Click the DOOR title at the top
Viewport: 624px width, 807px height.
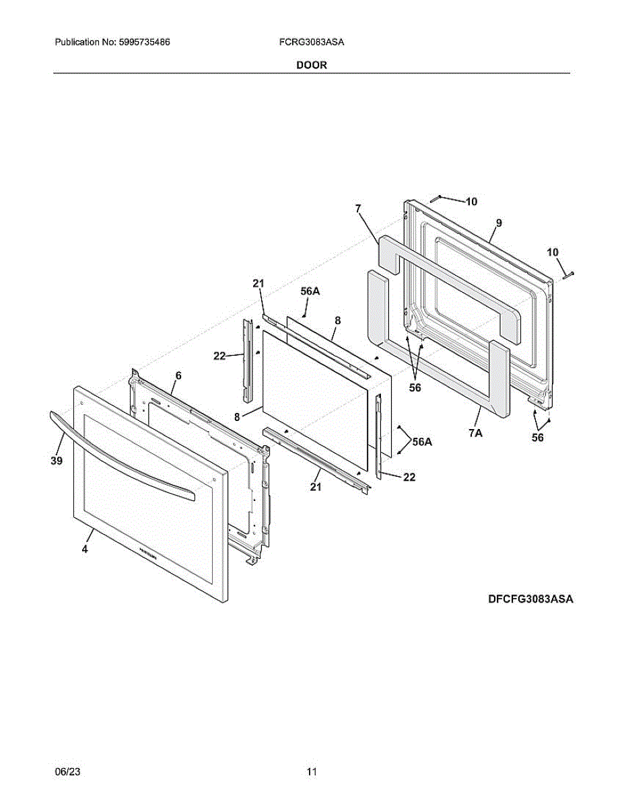point(312,65)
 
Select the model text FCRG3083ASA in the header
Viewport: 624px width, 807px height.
point(312,42)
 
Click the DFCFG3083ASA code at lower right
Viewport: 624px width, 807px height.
point(530,599)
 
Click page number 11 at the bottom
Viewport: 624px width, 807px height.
point(312,772)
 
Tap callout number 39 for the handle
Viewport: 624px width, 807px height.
point(57,461)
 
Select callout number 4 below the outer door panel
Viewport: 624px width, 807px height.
point(85,549)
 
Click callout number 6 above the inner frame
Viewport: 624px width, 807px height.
point(178,375)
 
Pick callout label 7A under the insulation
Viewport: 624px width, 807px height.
point(475,433)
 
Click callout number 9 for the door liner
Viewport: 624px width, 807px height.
point(499,223)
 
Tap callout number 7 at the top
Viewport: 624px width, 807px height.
point(359,209)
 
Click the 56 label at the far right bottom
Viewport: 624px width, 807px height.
point(537,438)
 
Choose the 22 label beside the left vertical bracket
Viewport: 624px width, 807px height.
point(220,356)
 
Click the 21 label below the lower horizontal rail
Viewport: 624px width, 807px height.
point(316,487)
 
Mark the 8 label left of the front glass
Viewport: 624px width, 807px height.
point(237,417)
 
